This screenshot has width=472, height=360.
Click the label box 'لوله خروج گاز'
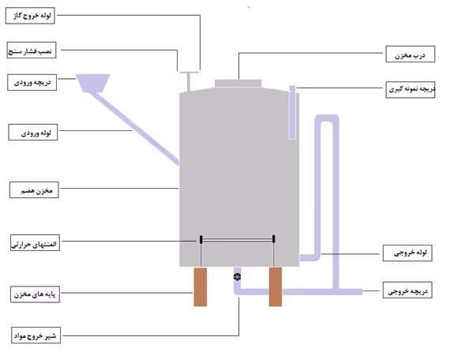(30, 16)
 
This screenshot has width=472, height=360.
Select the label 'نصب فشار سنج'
(32, 51)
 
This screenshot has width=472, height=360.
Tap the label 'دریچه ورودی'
(32, 82)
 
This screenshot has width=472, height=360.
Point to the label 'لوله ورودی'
(33, 132)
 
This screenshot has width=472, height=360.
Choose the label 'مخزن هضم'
(34, 190)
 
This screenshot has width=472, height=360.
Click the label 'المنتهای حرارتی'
(35, 243)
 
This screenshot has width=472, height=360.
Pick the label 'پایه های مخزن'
(35, 294)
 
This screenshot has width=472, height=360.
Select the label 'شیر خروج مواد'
(36, 335)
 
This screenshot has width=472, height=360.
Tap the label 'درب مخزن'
(410, 54)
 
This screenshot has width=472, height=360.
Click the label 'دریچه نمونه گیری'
(410, 89)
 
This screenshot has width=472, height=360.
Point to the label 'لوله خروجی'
(407, 253)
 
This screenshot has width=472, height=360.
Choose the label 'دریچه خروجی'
(407, 291)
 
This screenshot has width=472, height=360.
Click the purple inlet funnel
(92, 83)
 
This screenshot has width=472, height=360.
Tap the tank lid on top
(238, 84)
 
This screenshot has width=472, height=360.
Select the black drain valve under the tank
(238, 276)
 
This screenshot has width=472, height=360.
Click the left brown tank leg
(200, 287)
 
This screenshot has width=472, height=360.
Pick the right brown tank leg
(275, 287)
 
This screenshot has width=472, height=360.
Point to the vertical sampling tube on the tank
(292, 113)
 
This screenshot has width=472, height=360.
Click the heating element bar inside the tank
(238, 239)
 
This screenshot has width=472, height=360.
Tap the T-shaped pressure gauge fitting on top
(189, 81)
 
